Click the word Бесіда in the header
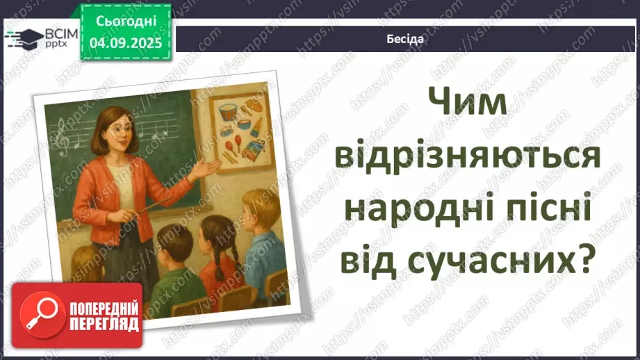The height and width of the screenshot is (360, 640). tap(405, 39)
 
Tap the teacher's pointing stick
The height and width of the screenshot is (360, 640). tap(149, 206)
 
